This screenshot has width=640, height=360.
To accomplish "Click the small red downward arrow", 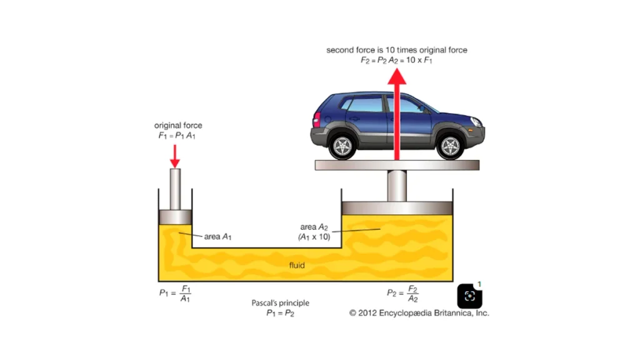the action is (x=175, y=156).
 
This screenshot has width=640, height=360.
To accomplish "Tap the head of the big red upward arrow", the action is (x=397, y=77).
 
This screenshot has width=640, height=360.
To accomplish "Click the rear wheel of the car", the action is (x=342, y=146).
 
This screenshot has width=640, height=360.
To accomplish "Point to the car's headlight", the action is (x=476, y=122).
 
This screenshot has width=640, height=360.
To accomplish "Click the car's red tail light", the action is (x=317, y=120).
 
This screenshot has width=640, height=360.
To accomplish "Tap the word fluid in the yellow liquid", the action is (x=297, y=265).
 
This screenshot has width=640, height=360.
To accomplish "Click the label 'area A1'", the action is (x=217, y=237).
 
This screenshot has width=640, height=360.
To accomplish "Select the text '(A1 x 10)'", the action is (x=314, y=237).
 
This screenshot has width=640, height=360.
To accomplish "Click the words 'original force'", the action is (x=178, y=125).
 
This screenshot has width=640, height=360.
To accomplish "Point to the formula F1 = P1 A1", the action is (x=177, y=136).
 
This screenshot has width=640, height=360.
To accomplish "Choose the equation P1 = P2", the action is (x=280, y=313).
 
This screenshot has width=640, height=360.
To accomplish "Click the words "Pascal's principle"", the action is (x=280, y=303).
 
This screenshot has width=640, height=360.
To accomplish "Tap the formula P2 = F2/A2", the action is (x=402, y=294).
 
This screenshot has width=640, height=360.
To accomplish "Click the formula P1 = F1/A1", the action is (x=175, y=294).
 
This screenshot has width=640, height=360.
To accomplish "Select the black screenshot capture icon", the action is (x=469, y=296).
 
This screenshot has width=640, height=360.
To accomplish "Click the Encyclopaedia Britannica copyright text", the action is (x=419, y=313).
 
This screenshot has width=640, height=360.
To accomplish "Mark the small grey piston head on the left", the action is (x=175, y=217).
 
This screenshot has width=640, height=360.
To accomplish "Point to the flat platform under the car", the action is (x=397, y=165).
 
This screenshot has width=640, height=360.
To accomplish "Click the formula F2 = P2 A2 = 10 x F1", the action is (x=396, y=61).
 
